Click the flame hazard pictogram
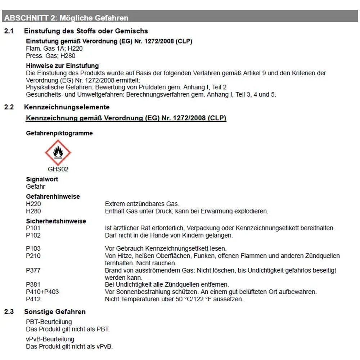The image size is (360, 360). click(x=58, y=153)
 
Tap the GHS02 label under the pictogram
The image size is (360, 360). click(x=58, y=169)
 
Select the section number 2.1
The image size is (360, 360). click(x=9, y=31)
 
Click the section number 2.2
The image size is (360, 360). click(x=9, y=107)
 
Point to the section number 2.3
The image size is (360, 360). click(x=9, y=312)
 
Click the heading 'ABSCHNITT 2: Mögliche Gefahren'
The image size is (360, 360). click(x=66, y=18)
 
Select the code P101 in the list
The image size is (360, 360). click(x=33, y=228)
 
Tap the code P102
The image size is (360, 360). click(x=33, y=235)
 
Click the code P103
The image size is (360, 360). click(x=33, y=249)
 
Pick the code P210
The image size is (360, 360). click(x=33, y=256)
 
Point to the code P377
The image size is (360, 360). click(x=33, y=270)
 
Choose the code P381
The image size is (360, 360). click(x=33, y=285)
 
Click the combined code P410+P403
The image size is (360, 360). click(x=42, y=292)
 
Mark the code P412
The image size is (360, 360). click(x=33, y=299)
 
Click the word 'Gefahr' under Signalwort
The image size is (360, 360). click(x=36, y=186)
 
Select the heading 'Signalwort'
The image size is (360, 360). click(x=42, y=179)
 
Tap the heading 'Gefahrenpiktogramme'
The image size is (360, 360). click(x=59, y=133)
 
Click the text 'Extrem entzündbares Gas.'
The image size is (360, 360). click(x=142, y=204)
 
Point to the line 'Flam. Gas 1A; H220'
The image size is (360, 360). click(x=52, y=49)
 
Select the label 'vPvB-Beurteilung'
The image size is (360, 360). click(x=50, y=339)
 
